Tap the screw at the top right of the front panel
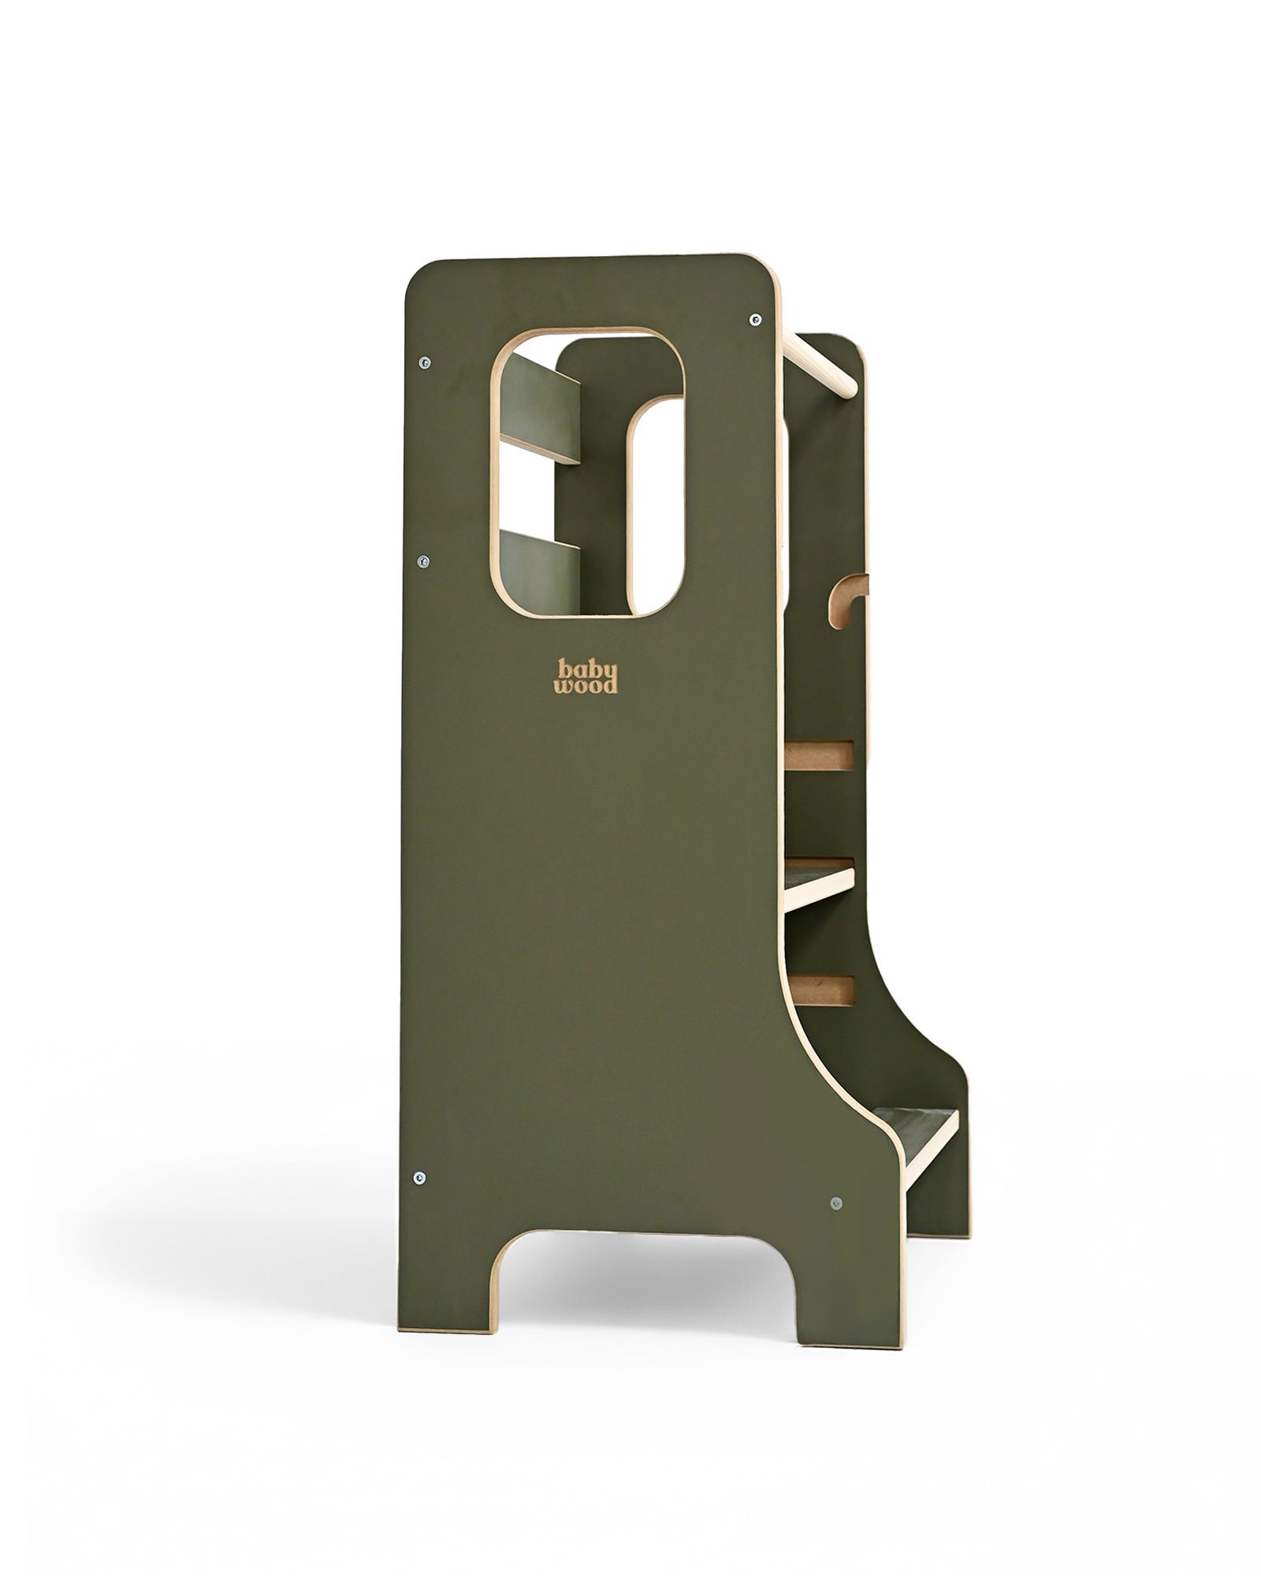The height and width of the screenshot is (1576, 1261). [756, 319]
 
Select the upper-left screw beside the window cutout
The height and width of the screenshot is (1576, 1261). [424, 362]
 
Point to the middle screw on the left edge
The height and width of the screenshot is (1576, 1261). [423, 562]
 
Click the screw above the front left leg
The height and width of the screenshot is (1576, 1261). [418, 1200]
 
